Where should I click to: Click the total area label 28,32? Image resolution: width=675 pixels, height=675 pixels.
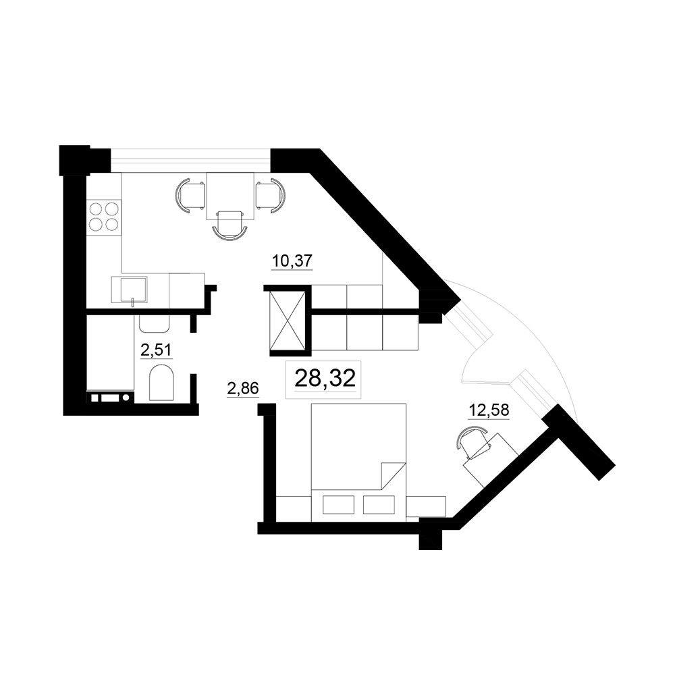(x=325, y=379)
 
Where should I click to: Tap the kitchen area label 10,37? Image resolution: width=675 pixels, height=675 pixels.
(x=292, y=261)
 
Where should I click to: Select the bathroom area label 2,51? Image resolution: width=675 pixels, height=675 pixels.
(x=157, y=350)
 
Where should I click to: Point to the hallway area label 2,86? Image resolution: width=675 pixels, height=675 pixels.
(x=243, y=389)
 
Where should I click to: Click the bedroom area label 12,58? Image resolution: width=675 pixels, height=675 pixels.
(x=489, y=410)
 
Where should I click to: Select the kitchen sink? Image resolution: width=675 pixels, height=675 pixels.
(x=129, y=290)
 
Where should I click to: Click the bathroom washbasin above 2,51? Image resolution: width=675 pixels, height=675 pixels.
(x=154, y=324)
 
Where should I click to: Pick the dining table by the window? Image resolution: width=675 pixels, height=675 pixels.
(x=230, y=196)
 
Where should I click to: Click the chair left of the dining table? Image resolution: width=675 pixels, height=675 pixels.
(x=191, y=196)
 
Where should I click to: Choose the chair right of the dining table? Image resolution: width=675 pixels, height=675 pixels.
(x=271, y=196)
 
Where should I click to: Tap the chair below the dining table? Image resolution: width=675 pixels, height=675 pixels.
(x=230, y=225)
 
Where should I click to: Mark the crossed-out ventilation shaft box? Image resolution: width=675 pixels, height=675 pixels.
(x=287, y=321)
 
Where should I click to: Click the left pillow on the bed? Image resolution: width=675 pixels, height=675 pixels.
(x=338, y=504)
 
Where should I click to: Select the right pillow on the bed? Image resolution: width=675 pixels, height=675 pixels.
(x=379, y=504)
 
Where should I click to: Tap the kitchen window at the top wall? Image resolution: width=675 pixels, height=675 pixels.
(x=191, y=160)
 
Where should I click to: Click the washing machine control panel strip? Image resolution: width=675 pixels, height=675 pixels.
(x=111, y=398)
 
